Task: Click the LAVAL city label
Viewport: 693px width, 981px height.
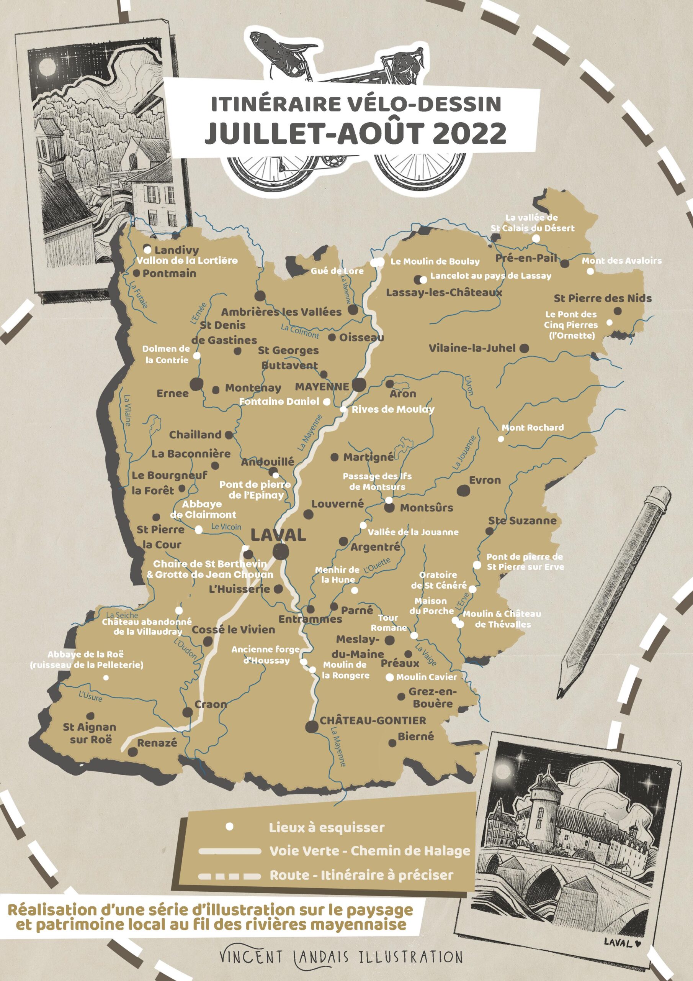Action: click(x=278, y=535)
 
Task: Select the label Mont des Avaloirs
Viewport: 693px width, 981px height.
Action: click(x=622, y=261)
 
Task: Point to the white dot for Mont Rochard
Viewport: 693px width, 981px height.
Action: click(x=501, y=439)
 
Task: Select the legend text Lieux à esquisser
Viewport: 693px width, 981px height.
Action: click(x=327, y=828)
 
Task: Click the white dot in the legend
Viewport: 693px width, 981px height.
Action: click(x=229, y=827)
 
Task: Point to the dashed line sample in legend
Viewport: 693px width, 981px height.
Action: click(x=229, y=876)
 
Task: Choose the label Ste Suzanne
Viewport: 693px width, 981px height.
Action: click(x=522, y=520)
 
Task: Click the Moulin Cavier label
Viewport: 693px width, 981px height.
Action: click(x=426, y=677)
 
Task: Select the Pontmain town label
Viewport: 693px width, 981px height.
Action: click(x=170, y=274)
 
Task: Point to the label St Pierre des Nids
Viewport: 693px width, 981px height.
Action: click(x=603, y=298)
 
